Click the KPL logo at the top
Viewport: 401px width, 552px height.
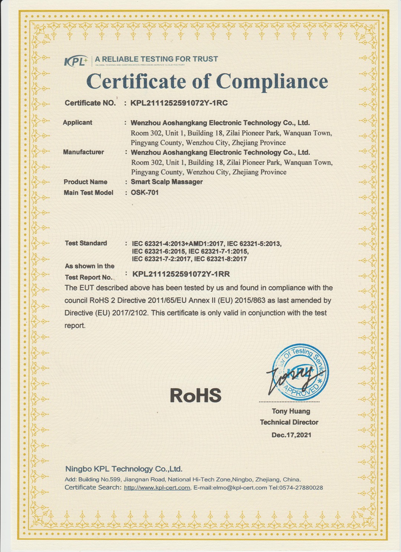tap(76, 61)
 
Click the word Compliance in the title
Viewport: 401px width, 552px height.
tap(272, 81)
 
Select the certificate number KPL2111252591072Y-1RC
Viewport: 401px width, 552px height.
tap(179, 103)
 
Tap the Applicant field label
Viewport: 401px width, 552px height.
tap(77, 122)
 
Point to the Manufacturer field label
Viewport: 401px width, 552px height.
tap(83, 152)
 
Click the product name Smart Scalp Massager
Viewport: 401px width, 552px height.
tap(167, 182)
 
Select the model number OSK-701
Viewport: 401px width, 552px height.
tap(144, 193)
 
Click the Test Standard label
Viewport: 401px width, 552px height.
tap(86, 243)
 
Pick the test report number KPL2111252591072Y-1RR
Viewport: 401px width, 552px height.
tap(181, 274)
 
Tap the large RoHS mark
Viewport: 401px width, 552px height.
tap(195, 396)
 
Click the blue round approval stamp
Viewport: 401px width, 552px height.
tap(300, 372)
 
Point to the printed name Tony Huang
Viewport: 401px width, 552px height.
tap(291, 411)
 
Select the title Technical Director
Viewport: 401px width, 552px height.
tap(289, 422)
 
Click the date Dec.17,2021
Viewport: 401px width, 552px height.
tap(291, 435)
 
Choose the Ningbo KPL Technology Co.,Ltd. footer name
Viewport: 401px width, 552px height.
tap(124, 469)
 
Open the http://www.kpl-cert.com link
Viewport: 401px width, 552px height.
tap(157, 488)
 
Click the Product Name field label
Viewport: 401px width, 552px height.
tap(85, 182)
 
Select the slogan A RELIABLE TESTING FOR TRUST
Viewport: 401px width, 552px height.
tap(156, 59)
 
